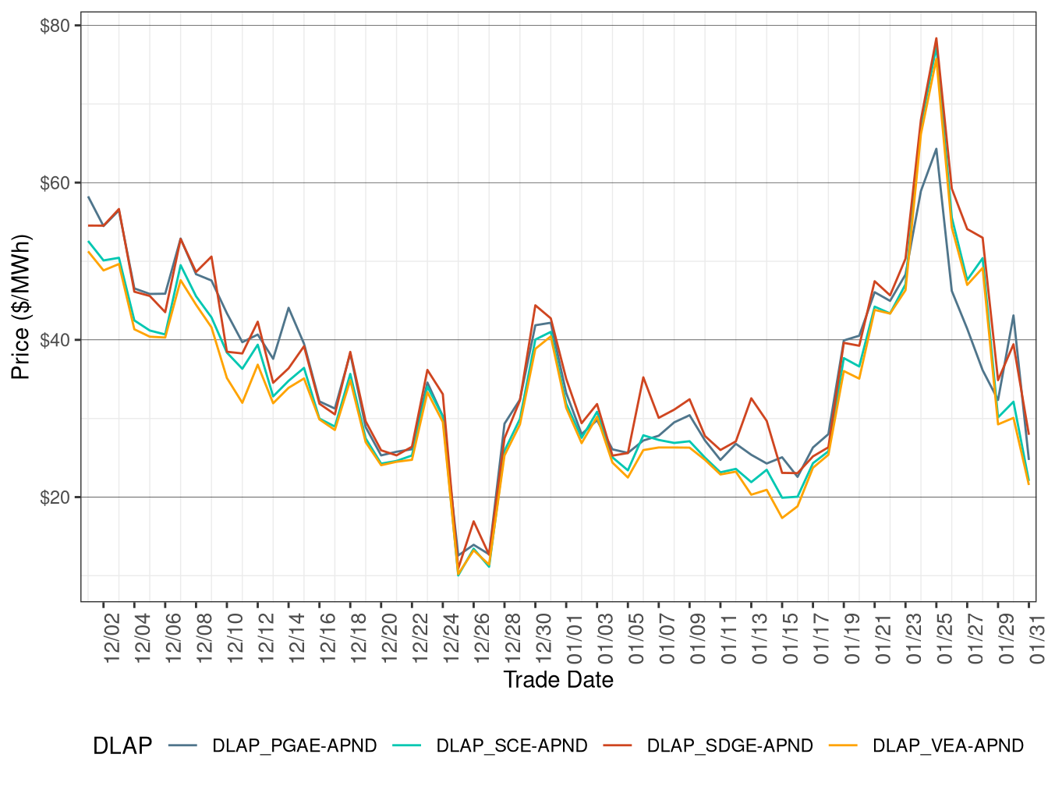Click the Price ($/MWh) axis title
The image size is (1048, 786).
pyautogui.click(x=21, y=307)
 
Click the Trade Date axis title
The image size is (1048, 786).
pyautogui.click(x=558, y=680)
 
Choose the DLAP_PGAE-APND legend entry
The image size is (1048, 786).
pyautogui.click(x=294, y=746)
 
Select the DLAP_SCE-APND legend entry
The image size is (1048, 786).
pyautogui.click(x=512, y=746)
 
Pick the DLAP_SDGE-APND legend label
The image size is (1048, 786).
pyautogui.click(x=730, y=746)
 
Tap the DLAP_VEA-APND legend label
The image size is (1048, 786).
pyautogui.click(x=947, y=746)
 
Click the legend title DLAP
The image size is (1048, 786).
pyautogui.click(x=122, y=746)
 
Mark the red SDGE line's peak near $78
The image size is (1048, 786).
pyautogui.click(x=936, y=38)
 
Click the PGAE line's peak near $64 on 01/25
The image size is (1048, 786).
pyautogui.click(x=936, y=148)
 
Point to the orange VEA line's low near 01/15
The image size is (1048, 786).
pyautogui.click(x=782, y=518)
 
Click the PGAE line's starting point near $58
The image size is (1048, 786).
pyautogui.click(x=89, y=197)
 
